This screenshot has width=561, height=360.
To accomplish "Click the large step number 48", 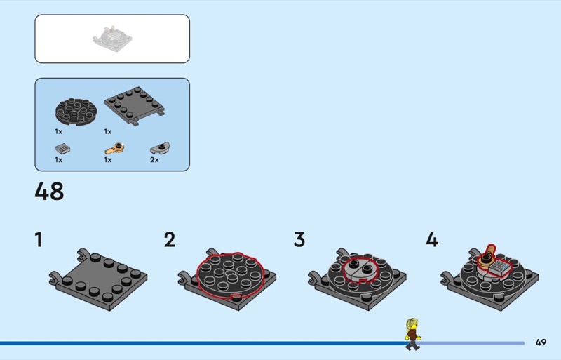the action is pyautogui.click(x=49, y=192).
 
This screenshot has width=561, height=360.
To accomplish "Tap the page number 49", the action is pyautogui.click(x=541, y=342).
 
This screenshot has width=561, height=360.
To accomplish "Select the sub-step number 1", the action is pyautogui.click(x=39, y=239).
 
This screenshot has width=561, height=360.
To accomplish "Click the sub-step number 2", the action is pyautogui.click(x=170, y=239).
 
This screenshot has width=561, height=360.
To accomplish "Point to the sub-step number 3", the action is pyautogui.click(x=299, y=239).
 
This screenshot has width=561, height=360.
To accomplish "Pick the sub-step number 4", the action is pyautogui.click(x=432, y=239).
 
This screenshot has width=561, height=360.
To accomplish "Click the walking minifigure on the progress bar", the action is pyautogui.click(x=413, y=334).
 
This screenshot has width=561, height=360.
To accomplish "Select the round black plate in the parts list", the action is pyautogui.click(x=76, y=112).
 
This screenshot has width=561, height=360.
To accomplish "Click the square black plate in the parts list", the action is pyautogui.click(x=135, y=106).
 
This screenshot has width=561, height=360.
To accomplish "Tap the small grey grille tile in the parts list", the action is pyautogui.click(x=62, y=148).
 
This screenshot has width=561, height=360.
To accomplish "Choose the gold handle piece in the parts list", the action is pyautogui.click(x=114, y=148).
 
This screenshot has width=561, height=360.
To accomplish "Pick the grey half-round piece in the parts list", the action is pyautogui.click(x=160, y=147).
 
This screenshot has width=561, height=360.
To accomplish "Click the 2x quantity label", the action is pyautogui.click(x=154, y=160).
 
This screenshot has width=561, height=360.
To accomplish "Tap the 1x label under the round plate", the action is pyautogui.click(x=59, y=131).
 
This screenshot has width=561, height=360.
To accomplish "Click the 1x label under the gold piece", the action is pyautogui.click(x=108, y=160).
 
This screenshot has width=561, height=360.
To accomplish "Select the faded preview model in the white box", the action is pyautogui.click(x=112, y=39).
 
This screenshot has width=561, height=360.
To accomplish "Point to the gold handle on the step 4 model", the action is pyautogui.click(x=487, y=258).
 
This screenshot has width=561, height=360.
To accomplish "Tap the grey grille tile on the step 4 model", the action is pyautogui.click(x=499, y=267).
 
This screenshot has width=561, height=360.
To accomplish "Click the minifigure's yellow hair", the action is pyautogui.click(x=412, y=324).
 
